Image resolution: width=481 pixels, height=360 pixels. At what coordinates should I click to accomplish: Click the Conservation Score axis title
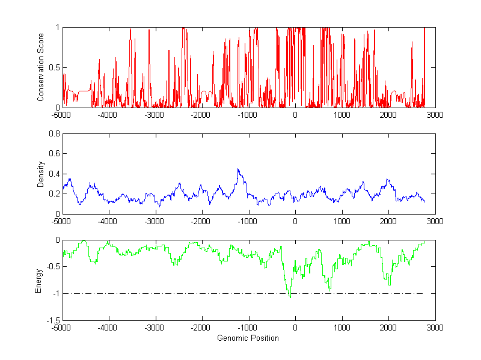41,67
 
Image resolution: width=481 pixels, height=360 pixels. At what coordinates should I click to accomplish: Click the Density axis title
41,174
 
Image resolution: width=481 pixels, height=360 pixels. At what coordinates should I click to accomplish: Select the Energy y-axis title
38,280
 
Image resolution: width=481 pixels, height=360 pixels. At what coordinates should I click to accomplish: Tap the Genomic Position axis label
248,338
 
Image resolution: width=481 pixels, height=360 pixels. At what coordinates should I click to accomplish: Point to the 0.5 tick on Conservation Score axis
54,67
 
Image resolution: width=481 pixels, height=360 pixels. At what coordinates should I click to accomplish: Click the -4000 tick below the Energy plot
108,328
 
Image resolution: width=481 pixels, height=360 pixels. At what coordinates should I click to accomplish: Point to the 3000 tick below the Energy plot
435,328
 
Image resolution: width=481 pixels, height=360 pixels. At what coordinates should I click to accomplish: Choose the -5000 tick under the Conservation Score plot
61,115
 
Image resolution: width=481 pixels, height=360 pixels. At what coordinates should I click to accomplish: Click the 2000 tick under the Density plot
388,221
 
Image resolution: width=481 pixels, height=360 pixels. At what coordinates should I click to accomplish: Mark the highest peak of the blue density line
238,169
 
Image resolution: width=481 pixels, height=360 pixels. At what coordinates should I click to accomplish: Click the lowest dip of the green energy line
290,297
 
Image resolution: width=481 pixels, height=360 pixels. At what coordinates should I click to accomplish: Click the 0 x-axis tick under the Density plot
295,221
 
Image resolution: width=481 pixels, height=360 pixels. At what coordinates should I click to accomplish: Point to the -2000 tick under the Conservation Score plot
201,115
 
